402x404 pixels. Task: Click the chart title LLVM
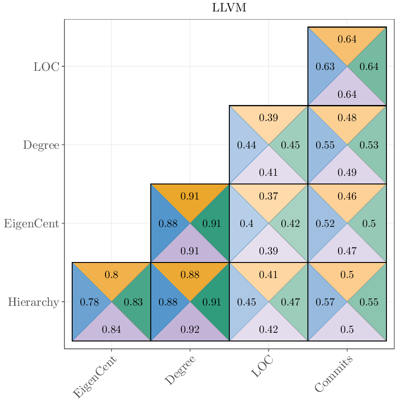click(229, 8)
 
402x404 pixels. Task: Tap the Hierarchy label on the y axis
click(33, 302)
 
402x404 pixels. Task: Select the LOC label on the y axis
click(46, 67)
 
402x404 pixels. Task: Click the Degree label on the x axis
click(180, 371)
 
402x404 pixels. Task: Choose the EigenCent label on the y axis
click(32, 224)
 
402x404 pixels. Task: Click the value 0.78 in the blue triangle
click(89, 302)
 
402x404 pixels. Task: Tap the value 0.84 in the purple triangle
click(111, 330)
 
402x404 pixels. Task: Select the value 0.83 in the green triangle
click(133, 302)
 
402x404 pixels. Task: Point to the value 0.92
click(190, 330)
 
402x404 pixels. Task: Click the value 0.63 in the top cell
click(325, 67)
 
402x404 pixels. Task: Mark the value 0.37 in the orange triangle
click(268, 196)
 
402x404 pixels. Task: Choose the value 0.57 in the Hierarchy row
click(325, 302)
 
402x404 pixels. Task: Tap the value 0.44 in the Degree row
click(246, 145)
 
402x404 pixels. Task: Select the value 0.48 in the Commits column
click(347, 118)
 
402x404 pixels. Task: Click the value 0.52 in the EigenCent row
click(325, 224)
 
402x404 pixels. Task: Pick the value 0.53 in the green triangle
click(369, 145)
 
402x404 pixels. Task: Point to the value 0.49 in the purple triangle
click(347, 173)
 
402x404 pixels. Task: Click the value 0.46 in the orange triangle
click(347, 196)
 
